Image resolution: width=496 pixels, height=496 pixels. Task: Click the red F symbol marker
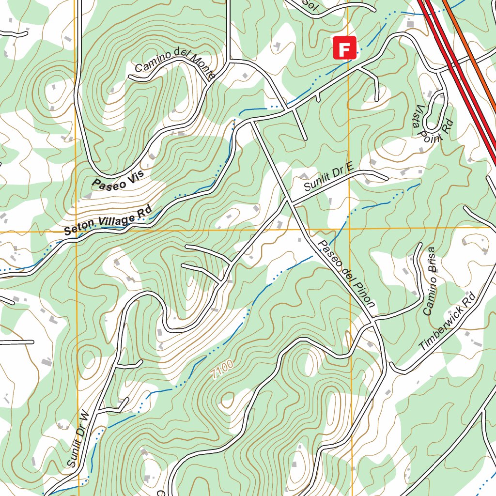(x=344, y=48)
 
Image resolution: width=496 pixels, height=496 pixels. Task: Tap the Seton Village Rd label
(x=108, y=221)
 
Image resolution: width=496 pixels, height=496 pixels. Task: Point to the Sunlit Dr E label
(x=329, y=179)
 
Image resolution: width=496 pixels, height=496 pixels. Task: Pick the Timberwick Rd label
(x=448, y=322)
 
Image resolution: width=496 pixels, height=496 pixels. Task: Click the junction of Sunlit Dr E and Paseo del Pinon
(x=290, y=201)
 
